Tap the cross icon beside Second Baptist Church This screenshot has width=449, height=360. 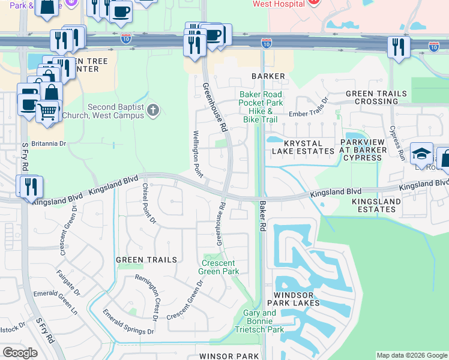pyautogui.click(x=154, y=110)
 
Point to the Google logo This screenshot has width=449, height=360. pyautogui.click(x=20, y=352)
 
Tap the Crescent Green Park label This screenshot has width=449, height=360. pyautogui.click(x=220, y=268)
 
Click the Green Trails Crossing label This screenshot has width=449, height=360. pyautogui.click(x=376, y=98)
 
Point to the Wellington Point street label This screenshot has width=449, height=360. pyautogui.click(x=196, y=154)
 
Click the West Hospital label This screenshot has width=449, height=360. pyautogui.click(x=279, y=4)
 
